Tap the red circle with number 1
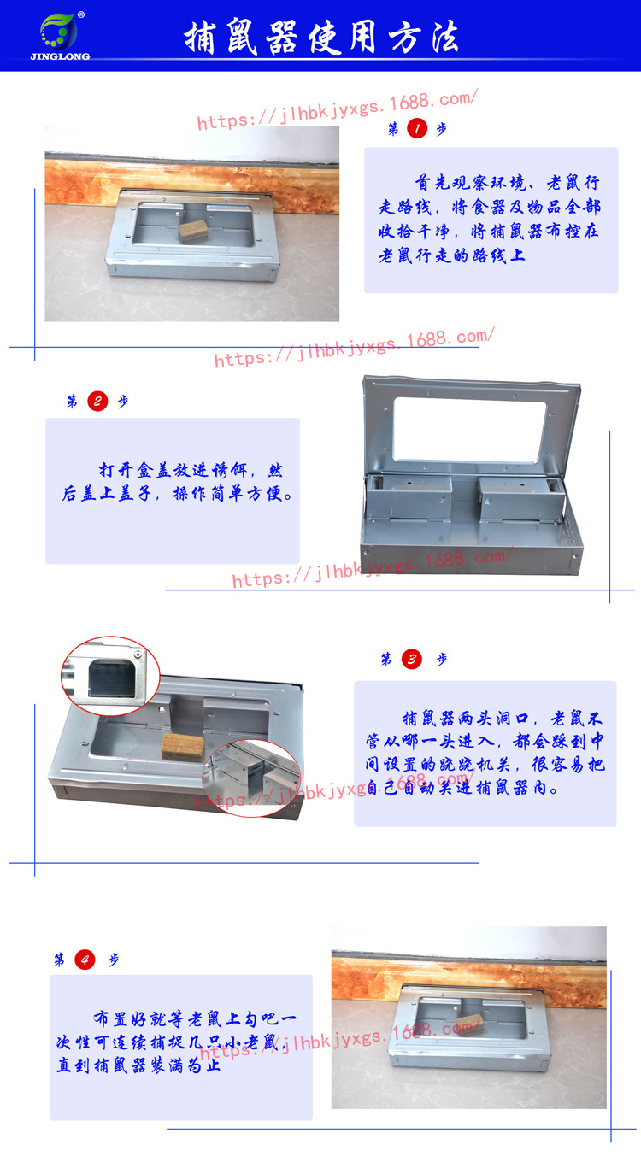click(x=416, y=129)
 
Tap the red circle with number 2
click(x=97, y=402)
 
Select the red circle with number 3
click(x=412, y=659)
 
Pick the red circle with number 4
click(x=85, y=960)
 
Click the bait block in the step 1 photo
click(x=194, y=232)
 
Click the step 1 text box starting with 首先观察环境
click(x=491, y=220)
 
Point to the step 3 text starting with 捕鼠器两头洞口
click(x=485, y=752)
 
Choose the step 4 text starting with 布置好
click(x=180, y=1042)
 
